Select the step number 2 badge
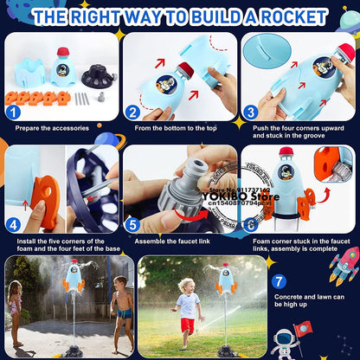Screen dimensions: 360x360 tap(132, 111)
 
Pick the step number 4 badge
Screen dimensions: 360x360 tap(12, 222)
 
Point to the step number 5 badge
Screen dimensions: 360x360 tap(132, 222)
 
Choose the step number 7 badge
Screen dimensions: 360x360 tap(279, 281)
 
